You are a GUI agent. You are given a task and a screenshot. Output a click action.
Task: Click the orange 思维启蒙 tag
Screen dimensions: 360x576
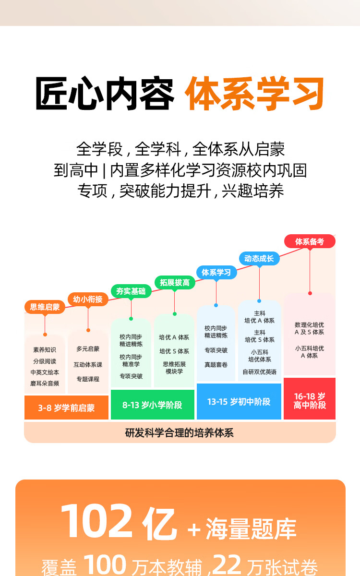[x=45, y=307]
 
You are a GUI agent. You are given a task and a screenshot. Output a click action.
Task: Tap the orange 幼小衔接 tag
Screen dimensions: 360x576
[x=88, y=300]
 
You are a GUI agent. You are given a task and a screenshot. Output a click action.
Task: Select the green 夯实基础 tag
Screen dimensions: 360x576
[x=131, y=291]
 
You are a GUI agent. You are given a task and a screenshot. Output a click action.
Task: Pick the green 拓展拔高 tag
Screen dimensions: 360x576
[x=174, y=283]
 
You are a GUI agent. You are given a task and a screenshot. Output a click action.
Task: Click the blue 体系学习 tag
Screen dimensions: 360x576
[x=216, y=273]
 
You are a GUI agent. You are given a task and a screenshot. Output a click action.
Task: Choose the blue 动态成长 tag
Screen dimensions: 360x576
[x=259, y=259]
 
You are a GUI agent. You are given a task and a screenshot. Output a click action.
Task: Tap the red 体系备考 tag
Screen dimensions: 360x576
[x=310, y=241]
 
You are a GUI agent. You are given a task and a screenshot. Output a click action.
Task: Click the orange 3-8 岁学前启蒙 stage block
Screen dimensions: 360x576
[x=66, y=408]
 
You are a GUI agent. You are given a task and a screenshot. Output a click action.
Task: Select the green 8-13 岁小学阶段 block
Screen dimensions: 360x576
[x=152, y=405]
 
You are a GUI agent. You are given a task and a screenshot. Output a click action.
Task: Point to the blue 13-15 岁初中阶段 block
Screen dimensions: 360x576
[x=239, y=402]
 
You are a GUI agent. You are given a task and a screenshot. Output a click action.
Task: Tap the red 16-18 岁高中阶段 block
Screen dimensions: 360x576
[x=310, y=400]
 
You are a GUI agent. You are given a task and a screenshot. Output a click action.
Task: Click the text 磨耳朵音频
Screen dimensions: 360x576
[x=45, y=384]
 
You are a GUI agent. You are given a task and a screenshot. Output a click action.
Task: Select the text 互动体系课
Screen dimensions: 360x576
[x=88, y=365]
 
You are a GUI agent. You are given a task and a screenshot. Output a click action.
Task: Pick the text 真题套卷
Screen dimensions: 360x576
[x=216, y=365]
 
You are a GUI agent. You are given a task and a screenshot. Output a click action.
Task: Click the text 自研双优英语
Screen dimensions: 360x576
[x=259, y=372]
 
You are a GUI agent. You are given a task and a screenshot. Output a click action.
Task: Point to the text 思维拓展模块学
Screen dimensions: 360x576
[x=174, y=368]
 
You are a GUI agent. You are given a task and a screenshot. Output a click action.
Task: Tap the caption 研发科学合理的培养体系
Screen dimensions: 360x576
[x=180, y=433]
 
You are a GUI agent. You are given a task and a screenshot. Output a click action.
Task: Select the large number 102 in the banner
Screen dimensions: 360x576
[x=96, y=522]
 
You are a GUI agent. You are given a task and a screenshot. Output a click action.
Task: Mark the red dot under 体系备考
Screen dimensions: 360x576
[x=310, y=293]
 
